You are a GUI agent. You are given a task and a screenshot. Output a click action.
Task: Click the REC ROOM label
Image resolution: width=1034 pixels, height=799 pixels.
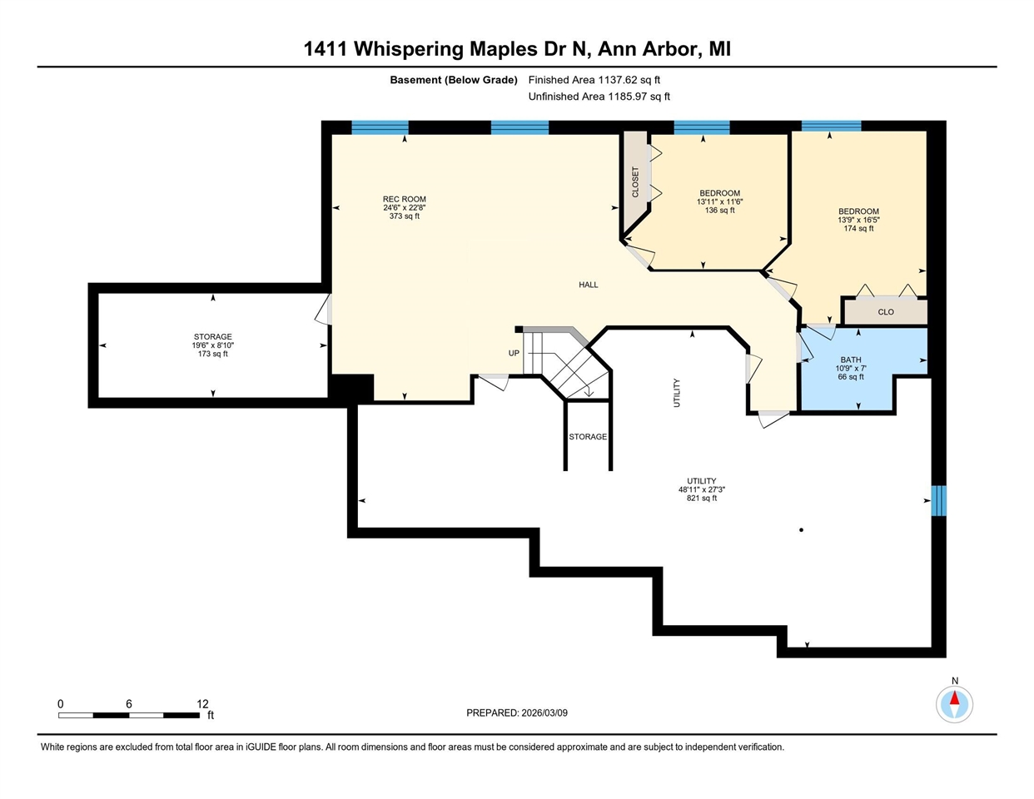pos(405,199)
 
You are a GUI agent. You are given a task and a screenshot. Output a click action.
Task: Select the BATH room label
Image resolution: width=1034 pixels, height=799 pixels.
pos(850,360)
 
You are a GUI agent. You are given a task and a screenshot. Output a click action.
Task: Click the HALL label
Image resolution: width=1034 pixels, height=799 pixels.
pos(589,285)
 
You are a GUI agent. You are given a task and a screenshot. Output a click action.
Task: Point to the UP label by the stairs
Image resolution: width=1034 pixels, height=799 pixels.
pos(514,353)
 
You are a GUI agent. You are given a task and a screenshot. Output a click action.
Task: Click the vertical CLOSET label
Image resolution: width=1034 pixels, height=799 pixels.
pos(635,182)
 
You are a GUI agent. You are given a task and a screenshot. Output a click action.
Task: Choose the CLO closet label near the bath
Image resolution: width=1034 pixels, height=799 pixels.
pos(886,312)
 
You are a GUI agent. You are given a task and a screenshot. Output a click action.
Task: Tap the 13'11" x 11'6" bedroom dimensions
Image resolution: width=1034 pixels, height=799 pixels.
pos(719,202)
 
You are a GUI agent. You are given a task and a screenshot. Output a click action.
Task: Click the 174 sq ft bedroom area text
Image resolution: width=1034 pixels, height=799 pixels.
pos(858,229)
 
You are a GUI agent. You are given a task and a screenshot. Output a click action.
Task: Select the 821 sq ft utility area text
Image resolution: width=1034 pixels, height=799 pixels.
pos(701,499)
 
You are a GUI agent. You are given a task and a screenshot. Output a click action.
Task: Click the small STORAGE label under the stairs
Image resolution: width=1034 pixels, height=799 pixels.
pos(588,437)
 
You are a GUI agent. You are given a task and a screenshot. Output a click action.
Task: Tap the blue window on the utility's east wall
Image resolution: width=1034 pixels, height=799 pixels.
pos(938,501)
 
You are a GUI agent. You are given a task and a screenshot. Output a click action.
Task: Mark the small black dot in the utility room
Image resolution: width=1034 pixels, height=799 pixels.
pos(801,529)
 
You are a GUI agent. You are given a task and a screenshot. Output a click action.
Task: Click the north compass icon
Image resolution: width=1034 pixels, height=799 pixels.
pos(954,704)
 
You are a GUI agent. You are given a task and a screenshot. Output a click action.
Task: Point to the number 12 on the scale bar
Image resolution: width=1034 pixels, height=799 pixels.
pos(202,703)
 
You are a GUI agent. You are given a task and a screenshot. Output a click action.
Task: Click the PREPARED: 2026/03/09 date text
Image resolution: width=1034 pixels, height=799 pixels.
pos(517,713)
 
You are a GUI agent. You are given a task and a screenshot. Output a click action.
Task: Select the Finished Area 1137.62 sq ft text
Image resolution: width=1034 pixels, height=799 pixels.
pos(594,80)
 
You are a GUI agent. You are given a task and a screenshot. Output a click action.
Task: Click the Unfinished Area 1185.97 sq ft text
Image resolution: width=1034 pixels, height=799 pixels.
pos(599,97)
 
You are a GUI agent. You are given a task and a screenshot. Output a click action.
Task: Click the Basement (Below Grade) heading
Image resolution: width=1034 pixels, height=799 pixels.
pos(454,80)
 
